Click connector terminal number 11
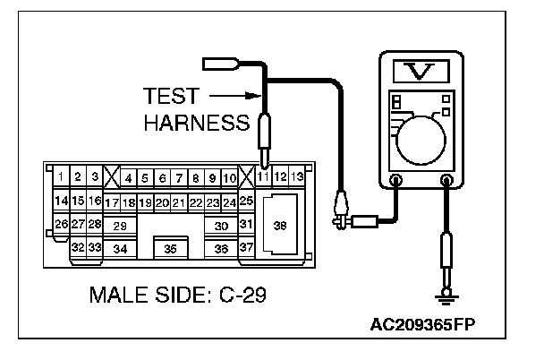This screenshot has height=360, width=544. tap(263, 177)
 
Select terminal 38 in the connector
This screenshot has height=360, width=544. tap(280, 225)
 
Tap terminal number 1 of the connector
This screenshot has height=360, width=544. tap(61, 177)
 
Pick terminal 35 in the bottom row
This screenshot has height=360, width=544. tap(171, 248)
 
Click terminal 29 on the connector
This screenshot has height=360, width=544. tap(120, 226)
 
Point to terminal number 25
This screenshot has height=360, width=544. tap(246, 201)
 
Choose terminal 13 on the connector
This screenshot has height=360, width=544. tap(297, 177)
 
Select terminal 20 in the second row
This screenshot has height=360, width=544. tap(162, 202)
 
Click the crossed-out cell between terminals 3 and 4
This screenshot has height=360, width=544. tap(112, 177)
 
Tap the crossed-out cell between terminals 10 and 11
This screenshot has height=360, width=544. tap(246, 177)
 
